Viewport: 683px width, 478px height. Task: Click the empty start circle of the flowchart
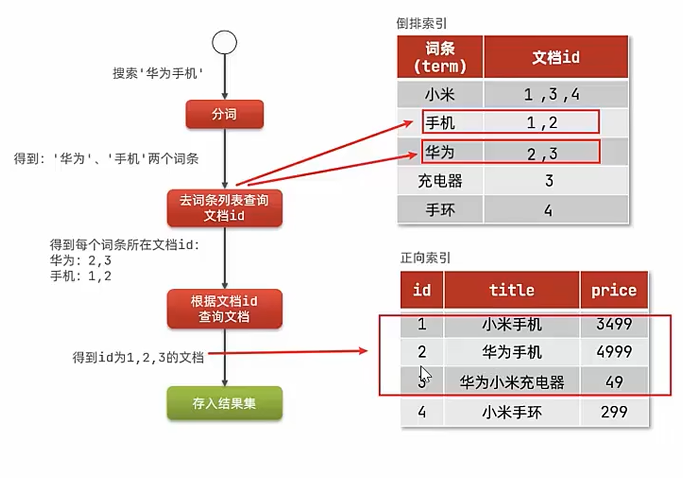pos(224,42)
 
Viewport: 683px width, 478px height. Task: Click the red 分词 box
pos(224,114)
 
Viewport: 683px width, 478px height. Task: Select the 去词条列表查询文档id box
pos(224,208)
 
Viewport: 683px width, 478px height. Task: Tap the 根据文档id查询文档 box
pos(224,309)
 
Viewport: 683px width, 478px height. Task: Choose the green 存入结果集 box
pos(224,403)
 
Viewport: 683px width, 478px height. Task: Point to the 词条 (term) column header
pos(440,57)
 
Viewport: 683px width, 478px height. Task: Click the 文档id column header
pos(556,57)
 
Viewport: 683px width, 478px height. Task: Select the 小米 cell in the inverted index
pos(440,94)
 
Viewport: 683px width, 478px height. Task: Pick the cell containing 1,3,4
pos(552,94)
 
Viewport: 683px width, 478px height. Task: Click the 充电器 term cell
pos(440,181)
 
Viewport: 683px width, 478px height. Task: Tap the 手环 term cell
pos(440,210)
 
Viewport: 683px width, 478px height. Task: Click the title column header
pos(512,290)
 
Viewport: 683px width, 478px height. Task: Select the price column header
pos(614,290)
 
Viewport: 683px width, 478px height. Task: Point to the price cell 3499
pos(614,324)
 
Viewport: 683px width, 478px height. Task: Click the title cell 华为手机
pos(512,352)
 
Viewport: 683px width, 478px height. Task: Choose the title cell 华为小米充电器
pos(512,382)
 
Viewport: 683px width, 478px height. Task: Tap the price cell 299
pos(614,412)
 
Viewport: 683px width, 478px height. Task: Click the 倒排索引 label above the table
pos(422,23)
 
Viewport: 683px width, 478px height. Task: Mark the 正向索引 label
pos(425,258)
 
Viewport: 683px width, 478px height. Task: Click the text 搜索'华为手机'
pos(158,73)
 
